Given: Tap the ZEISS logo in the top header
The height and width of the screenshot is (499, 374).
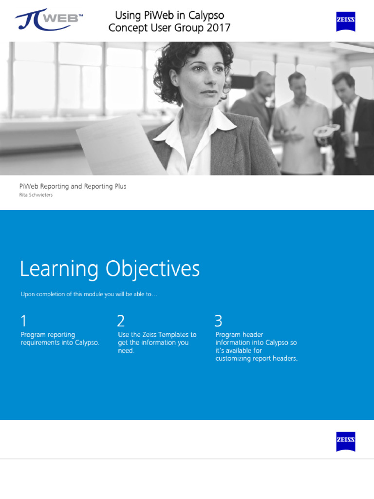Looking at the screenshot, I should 345,22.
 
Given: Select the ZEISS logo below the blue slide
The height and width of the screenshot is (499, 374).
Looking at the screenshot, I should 345,441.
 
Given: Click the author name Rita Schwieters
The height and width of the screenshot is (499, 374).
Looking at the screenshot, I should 36,195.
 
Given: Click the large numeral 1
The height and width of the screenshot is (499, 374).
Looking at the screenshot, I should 23,321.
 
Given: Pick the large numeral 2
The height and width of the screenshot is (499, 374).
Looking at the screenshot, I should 121,321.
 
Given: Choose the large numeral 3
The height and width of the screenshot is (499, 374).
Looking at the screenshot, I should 218,321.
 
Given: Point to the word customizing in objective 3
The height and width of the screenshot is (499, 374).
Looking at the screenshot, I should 235,358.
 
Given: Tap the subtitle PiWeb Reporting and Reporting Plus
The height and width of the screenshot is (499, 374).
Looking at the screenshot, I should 73,186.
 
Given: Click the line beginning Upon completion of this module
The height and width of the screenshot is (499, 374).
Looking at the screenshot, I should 89,294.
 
